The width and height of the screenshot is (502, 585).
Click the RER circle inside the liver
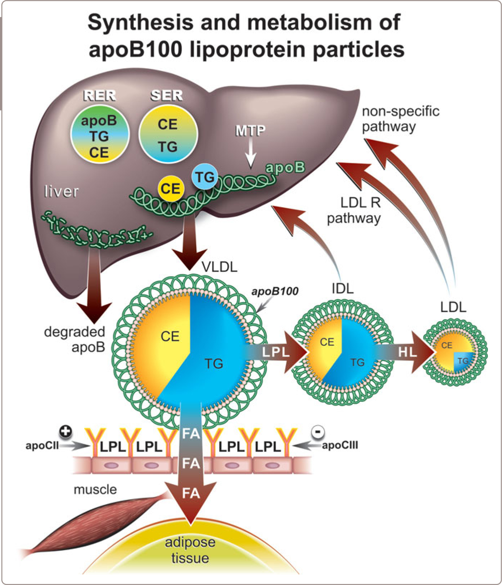(99, 135)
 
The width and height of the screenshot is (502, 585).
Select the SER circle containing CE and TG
(168, 135)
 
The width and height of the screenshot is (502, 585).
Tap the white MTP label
(250, 131)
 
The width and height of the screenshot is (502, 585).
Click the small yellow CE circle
(171, 189)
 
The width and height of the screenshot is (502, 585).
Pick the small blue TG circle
(205, 177)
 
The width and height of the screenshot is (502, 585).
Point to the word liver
(61, 192)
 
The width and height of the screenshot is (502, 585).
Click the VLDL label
(219, 267)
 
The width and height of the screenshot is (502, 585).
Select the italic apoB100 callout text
(275, 291)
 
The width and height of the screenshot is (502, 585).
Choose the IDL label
(342, 288)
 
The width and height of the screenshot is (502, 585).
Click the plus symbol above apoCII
(66, 431)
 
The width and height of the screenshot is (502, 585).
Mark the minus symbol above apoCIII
(318, 431)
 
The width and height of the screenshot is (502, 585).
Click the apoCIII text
(340, 445)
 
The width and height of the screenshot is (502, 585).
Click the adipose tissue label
(190, 550)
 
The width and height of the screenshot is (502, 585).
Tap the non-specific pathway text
(400, 119)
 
